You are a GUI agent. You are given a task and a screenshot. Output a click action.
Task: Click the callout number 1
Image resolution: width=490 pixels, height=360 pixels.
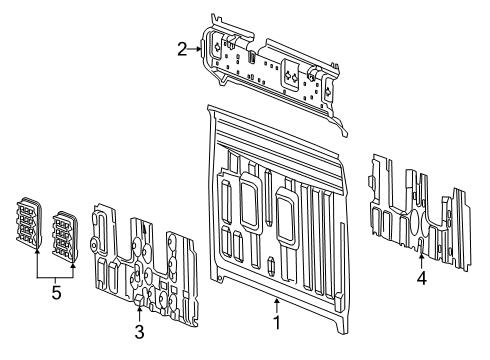click(277, 323)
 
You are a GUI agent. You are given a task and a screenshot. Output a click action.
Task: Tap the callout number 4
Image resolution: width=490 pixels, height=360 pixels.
click(421, 279)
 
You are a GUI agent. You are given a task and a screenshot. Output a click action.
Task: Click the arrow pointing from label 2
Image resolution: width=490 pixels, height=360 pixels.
click(196, 46)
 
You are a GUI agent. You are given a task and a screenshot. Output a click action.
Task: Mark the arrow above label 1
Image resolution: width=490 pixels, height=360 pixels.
click(277, 302)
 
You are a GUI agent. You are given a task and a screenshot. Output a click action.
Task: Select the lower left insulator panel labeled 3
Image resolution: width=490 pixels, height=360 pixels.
click(140, 255)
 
